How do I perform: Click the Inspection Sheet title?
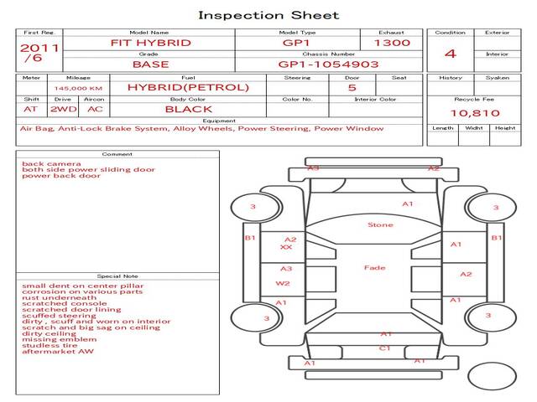coord(268,15)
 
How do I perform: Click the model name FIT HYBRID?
coord(151,43)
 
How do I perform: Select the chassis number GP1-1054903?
coord(328,64)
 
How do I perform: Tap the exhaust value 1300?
coord(392,43)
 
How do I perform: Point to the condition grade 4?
coord(451,54)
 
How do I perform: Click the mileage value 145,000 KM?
coord(78,87)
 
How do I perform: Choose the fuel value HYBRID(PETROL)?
coord(188,87)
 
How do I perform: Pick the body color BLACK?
coord(188,109)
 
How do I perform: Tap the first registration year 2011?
coord(39,48)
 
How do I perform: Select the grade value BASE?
coord(151,64)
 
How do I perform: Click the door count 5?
coord(352,87)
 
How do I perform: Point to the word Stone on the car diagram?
coord(380,224)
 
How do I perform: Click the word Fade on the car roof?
coord(375,268)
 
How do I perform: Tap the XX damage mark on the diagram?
coord(286,248)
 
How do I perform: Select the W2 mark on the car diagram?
coord(283,284)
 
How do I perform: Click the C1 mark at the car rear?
coord(384,348)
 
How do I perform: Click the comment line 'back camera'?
coord(51,163)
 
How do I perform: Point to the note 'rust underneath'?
coord(60,298)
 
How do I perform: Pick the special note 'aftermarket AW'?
coord(58,351)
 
